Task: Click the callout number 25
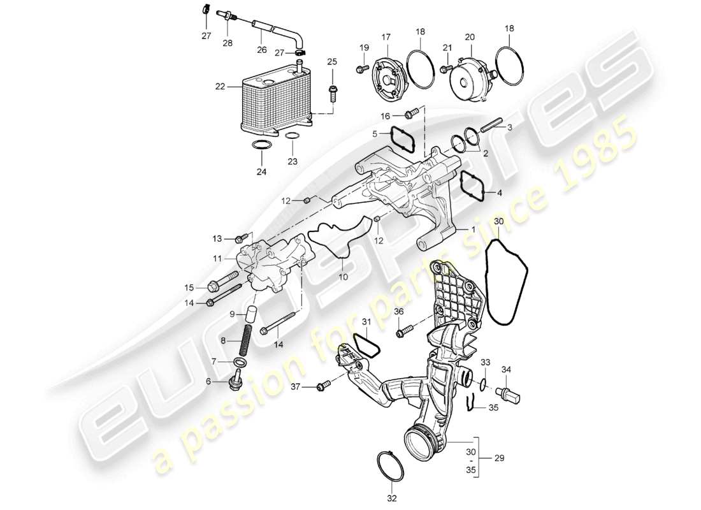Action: [x=331, y=62]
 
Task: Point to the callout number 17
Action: [x=386, y=38]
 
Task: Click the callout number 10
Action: [x=343, y=278]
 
